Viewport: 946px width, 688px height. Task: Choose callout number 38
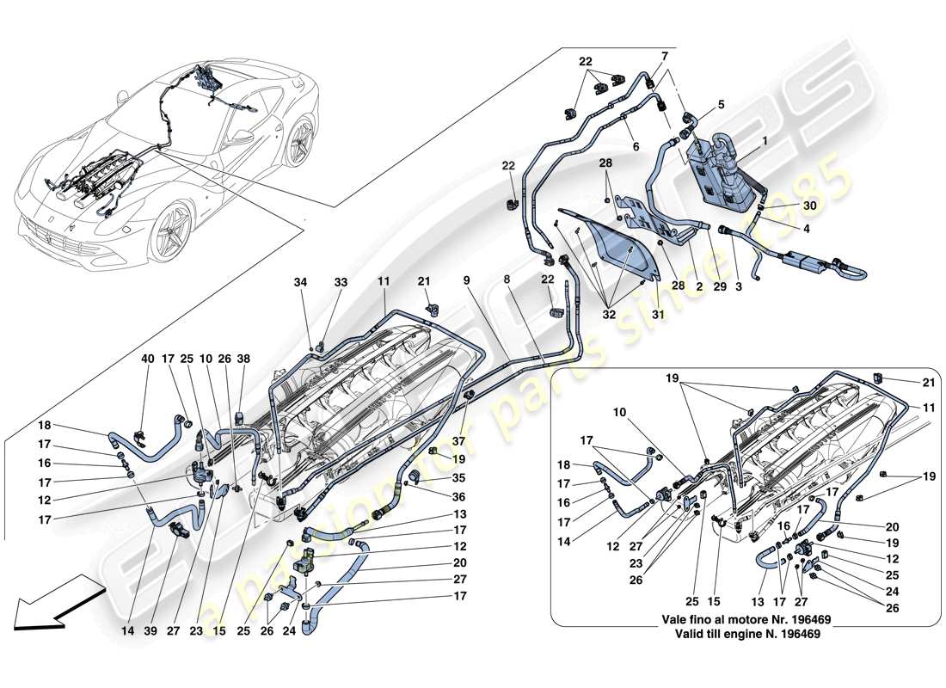[243, 359]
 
